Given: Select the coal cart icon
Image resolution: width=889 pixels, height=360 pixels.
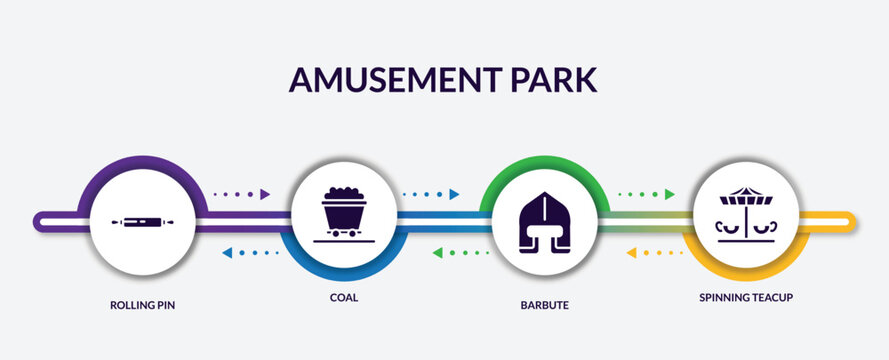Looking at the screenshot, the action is click(x=343, y=214).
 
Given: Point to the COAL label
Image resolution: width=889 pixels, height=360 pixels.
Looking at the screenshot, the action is click(x=344, y=298).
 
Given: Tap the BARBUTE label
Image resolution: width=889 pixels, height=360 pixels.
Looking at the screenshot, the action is click(x=544, y=305).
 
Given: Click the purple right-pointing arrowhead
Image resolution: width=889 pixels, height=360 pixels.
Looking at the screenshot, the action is click(x=265, y=194).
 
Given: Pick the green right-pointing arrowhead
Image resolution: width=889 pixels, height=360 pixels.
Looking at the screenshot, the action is click(x=670, y=194).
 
